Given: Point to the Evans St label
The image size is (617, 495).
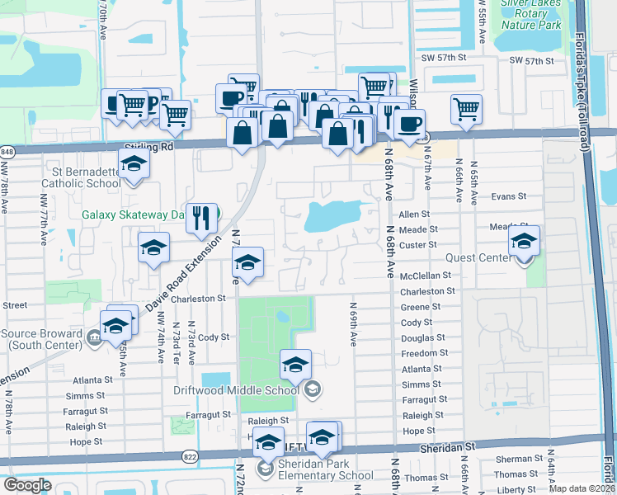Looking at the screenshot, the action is [x=508, y=196].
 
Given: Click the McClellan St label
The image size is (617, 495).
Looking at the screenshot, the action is [x=426, y=276].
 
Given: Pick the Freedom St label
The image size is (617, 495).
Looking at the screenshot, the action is [x=425, y=353].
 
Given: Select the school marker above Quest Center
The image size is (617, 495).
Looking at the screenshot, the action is [x=523, y=241].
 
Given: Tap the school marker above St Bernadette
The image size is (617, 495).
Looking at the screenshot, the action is [x=133, y=164].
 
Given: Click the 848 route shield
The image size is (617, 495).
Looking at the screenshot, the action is [x=7, y=151].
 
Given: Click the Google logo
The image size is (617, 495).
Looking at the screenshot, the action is [x=27, y=484].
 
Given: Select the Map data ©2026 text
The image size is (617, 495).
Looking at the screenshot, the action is [x=582, y=488].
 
